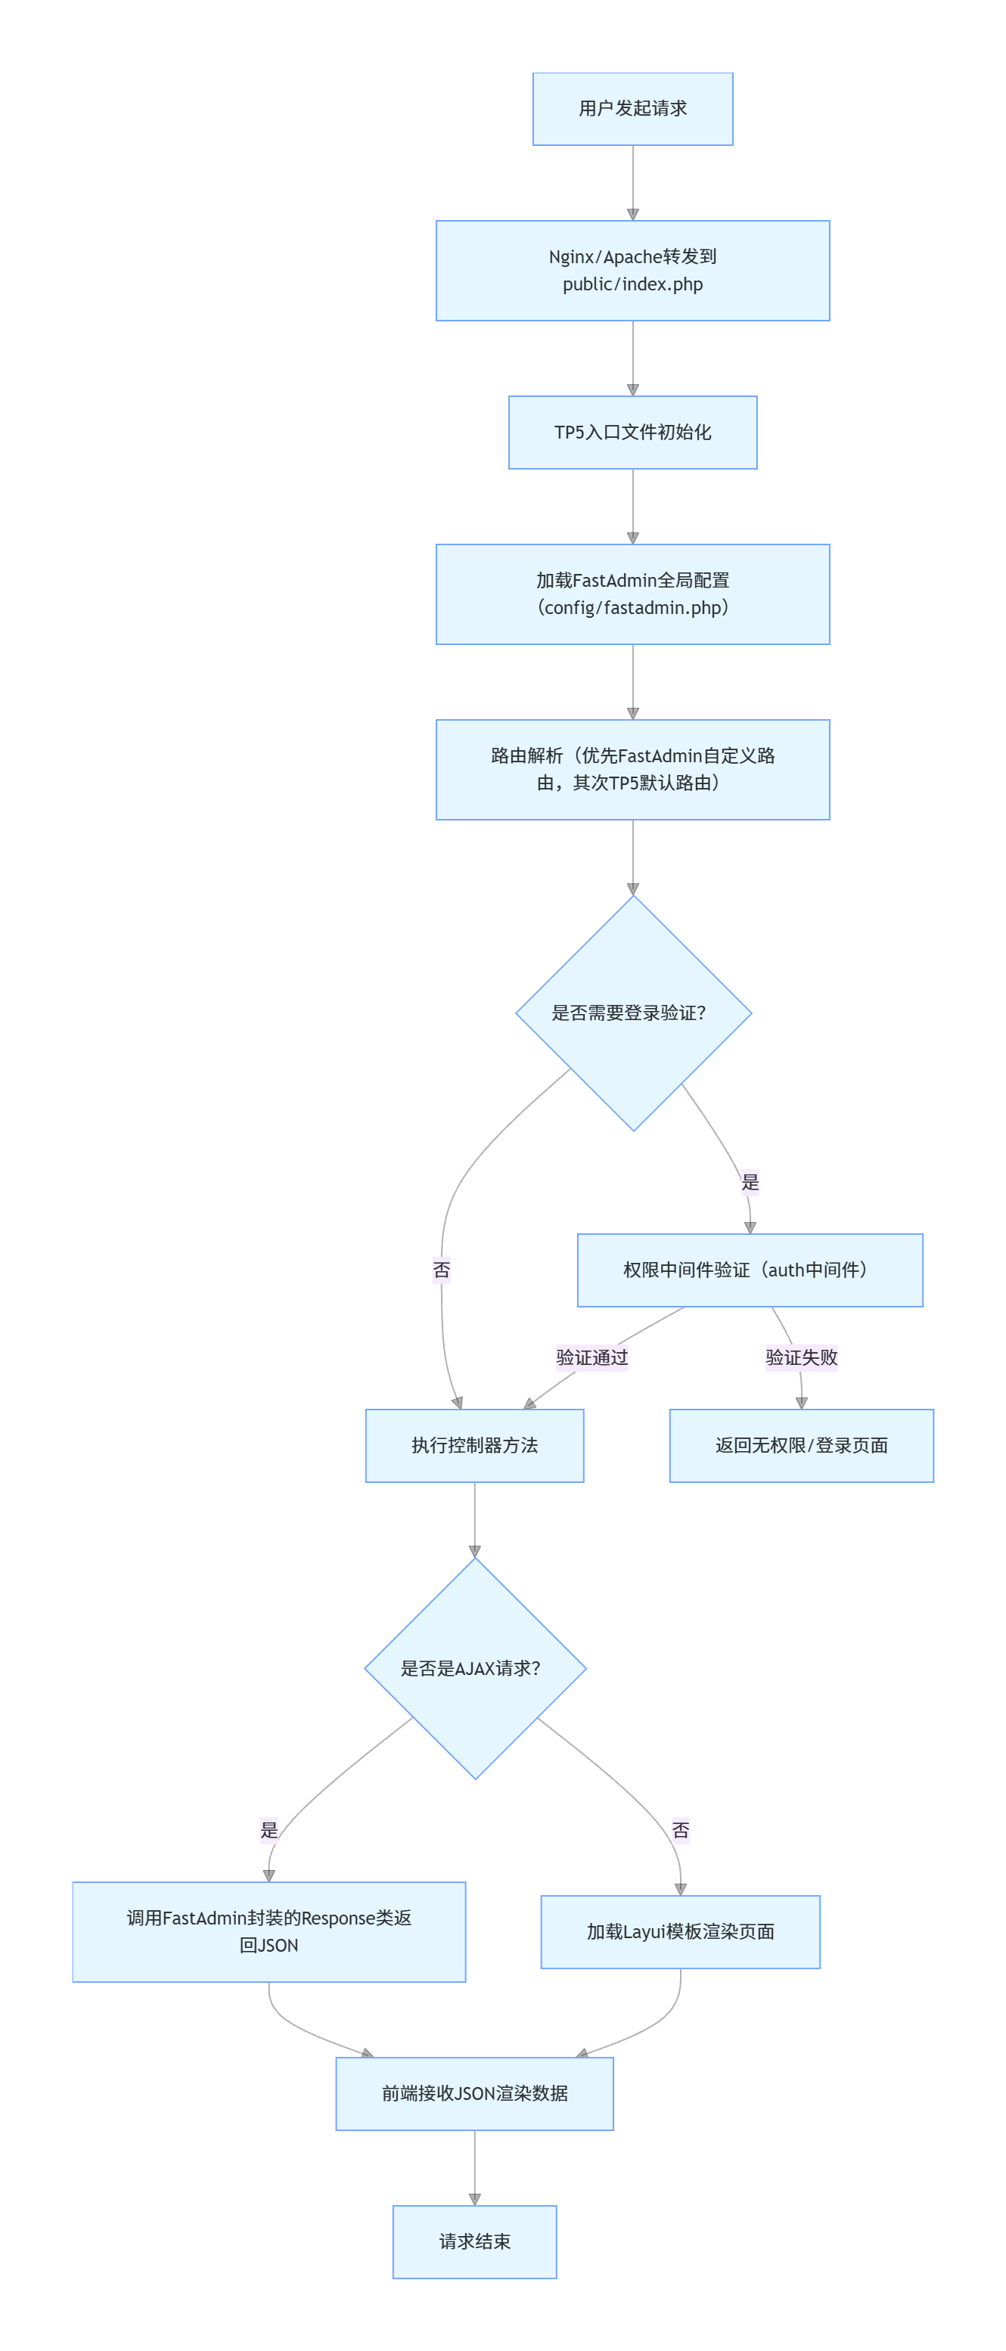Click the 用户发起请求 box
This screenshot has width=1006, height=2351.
pos(632,109)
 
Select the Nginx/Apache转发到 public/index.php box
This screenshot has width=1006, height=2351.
pos(632,270)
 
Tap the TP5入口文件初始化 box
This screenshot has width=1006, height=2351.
pos(632,432)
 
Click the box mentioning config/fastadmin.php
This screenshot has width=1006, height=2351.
pos(632,594)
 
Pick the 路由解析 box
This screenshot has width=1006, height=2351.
pos(632,769)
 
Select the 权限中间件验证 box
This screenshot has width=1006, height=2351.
pos(750,1270)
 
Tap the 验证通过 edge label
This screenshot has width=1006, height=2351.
pos(591,1357)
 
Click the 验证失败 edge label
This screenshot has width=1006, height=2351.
pos(800,1357)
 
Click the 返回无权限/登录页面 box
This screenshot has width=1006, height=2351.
pos(800,1445)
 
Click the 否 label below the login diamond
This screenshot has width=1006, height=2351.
pos(441,1270)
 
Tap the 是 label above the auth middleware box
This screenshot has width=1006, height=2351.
pos(750,1182)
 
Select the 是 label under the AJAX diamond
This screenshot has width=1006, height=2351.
pos(269,1830)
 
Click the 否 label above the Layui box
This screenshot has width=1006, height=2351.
pos(680,1830)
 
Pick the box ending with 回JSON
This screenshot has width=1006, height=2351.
pos(269,1931)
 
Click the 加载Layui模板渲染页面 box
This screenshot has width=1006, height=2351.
pos(680,1931)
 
